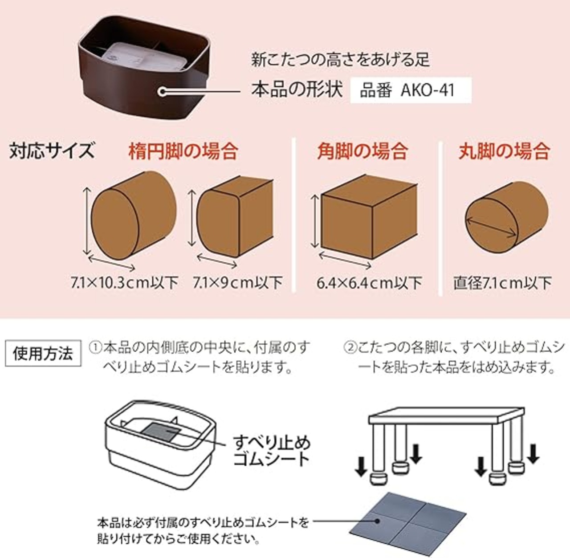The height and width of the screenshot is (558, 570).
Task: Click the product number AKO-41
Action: (x=427, y=90)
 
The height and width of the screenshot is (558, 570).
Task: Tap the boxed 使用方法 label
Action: (x=43, y=353)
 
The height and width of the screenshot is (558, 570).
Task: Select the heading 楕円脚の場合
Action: (x=183, y=151)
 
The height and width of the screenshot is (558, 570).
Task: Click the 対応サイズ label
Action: (x=52, y=151)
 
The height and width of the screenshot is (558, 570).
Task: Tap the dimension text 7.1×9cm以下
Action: (x=238, y=282)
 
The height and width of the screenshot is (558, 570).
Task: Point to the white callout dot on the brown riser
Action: (x=162, y=92)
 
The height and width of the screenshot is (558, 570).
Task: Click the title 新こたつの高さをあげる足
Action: (x=340, y=60)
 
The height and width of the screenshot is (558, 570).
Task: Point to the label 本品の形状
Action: (x=297, y=90)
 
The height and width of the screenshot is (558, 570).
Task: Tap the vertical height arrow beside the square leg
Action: (x=314, y=221)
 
